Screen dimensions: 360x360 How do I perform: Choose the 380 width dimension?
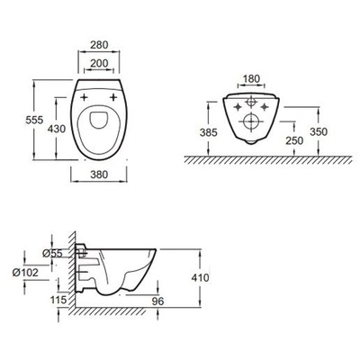100,179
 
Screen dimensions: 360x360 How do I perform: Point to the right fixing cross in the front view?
273,105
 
